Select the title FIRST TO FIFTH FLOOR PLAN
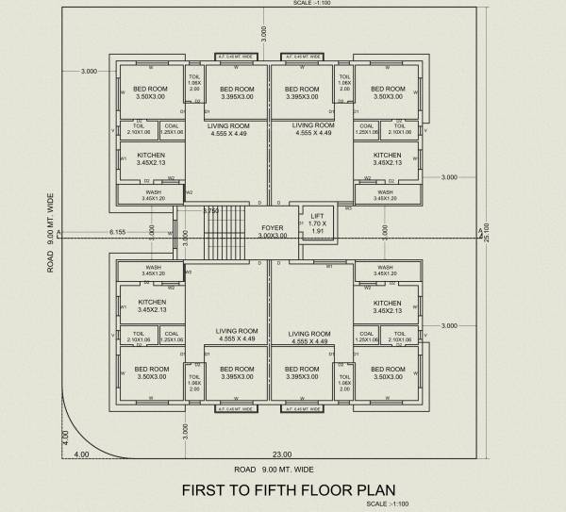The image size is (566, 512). [x=288, y=489]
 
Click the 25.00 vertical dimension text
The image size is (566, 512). [x=487, y=230]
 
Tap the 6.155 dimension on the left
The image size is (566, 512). [x=117, y=231]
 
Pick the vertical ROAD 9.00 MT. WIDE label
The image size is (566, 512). [x=50, y=232]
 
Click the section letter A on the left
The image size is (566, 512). [x=58, y=232]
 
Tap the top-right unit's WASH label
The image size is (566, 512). [x=385, y=194]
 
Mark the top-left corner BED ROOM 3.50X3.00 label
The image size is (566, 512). [x=151, y=92]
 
